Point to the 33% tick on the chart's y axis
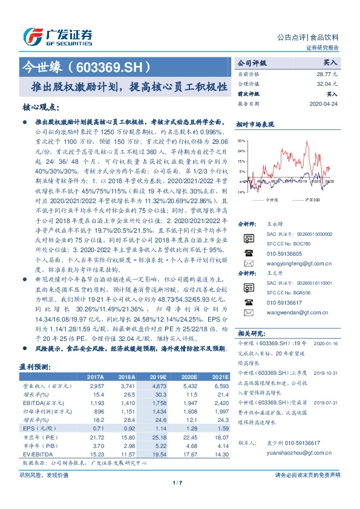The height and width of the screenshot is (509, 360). click(241, 140)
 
